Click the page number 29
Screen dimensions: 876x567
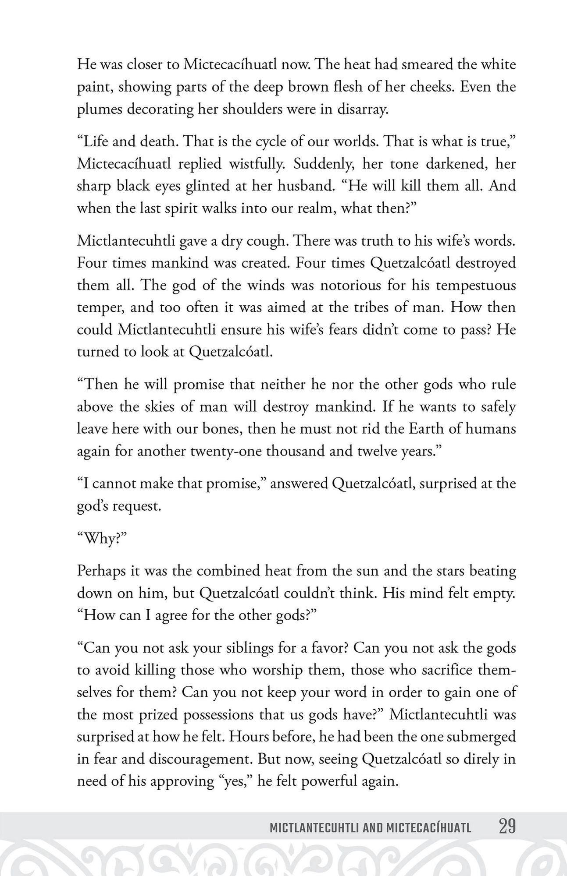pyautogui.click(x=507, y=827)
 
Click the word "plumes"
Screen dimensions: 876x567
pyautogui.click(x=99, y=109)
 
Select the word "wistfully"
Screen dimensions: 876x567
pyautogui.click(x=257, y=164)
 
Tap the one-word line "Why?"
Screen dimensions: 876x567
pyautogui.click(x=102, y=538)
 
